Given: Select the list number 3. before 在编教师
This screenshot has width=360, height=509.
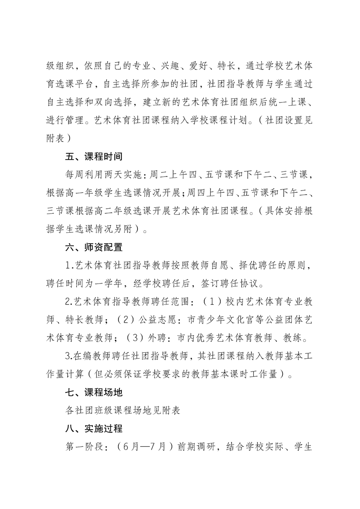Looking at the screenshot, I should (x=69, y=357).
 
